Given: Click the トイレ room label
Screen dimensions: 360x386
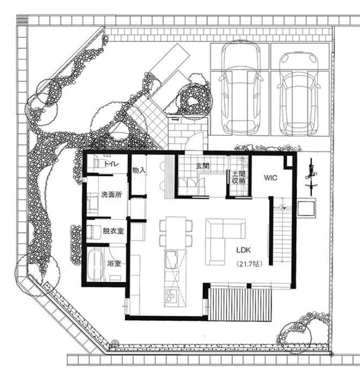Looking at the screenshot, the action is [112, 164].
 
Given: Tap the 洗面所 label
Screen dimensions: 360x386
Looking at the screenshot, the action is [112, 195].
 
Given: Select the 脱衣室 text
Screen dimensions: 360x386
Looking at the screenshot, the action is [113, 231].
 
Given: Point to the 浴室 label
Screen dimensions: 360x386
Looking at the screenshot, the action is [114, 264].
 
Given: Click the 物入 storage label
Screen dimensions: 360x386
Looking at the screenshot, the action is [139, 170].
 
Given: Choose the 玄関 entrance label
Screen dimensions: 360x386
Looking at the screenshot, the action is [203, 166].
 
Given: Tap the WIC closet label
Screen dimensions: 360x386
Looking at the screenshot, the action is [270, 178].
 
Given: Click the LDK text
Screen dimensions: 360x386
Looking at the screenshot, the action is [244, 250].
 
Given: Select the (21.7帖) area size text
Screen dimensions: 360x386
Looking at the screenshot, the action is [249, 264].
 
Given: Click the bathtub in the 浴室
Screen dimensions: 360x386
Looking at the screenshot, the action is [95, 265].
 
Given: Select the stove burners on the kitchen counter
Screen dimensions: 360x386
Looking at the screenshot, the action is [170, 296].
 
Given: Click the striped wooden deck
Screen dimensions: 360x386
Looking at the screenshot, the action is [240, 305].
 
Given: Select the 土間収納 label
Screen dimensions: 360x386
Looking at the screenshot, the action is [239, 177].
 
